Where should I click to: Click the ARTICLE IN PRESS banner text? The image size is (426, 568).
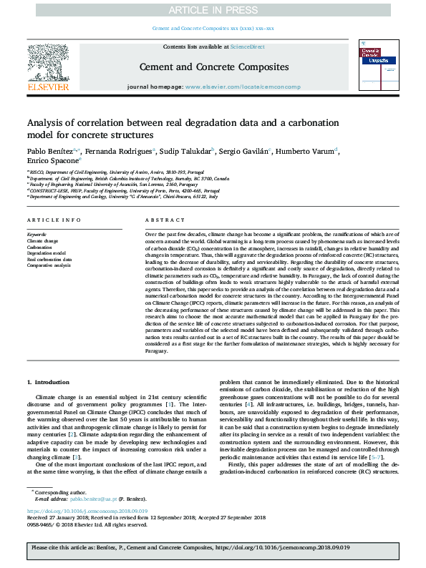pos(213,9)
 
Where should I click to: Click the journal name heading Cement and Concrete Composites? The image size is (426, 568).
pos(213,67)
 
